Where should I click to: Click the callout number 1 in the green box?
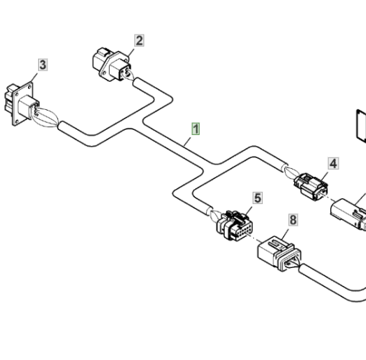coord(196,129)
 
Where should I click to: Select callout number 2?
coord(139,40)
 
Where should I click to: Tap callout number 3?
coord(43,65)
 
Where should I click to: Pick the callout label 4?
coord(334,164)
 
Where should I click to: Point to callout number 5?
coord(258,198)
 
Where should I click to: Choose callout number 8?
coord(294,220)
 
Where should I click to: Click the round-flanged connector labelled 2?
coord(112,64)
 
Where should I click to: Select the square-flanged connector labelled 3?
coord(22,103)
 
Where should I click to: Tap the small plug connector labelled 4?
coord(311,186)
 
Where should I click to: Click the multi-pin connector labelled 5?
coord(234,226)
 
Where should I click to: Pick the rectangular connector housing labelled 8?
coord(279,254)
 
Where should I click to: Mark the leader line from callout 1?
coord(187,142)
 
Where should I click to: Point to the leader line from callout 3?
coord(34,78)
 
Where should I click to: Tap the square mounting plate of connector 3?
coord(23,103)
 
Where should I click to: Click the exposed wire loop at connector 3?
coord(45,117)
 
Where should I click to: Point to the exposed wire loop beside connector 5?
coord(215,216)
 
